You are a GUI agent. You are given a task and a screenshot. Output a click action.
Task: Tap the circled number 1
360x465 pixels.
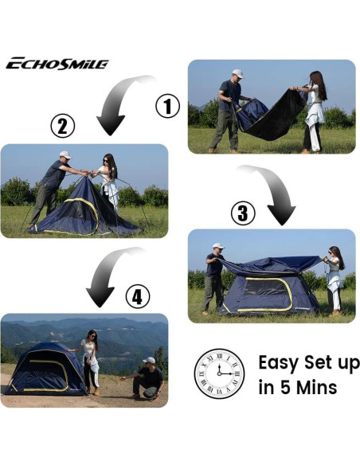tap(166, 106)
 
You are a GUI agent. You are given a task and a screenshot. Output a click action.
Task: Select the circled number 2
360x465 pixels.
tap(63, 126)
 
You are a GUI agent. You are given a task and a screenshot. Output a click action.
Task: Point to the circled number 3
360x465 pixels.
tap(242, 213)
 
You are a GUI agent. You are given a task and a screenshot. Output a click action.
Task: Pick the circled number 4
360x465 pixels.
tap(138, 298)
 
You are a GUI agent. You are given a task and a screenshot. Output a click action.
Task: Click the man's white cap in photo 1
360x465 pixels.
tap(236, 72)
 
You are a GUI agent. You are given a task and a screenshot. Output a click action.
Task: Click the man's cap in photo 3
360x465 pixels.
tap(217, 246)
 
